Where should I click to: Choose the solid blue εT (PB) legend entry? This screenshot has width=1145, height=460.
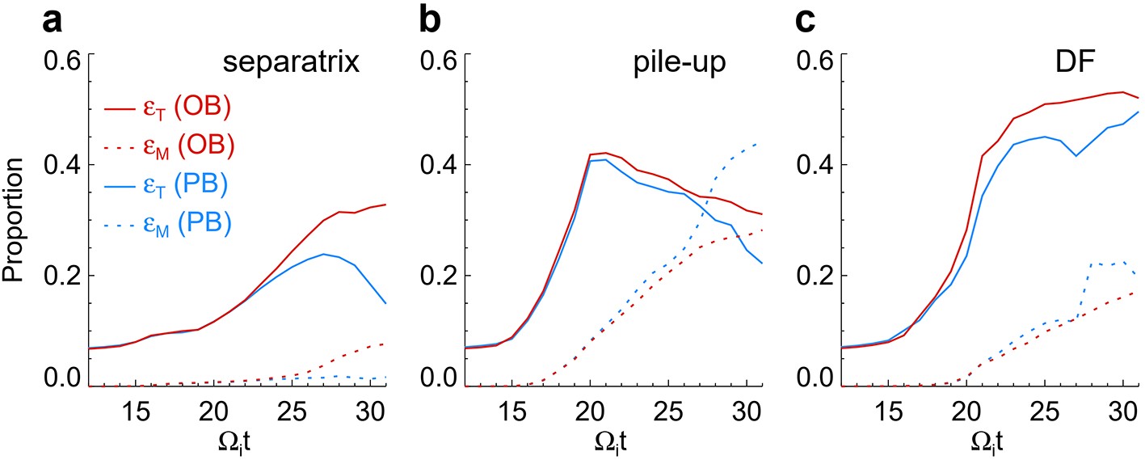(170, 184)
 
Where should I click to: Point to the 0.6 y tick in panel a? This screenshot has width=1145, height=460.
(65, 61)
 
